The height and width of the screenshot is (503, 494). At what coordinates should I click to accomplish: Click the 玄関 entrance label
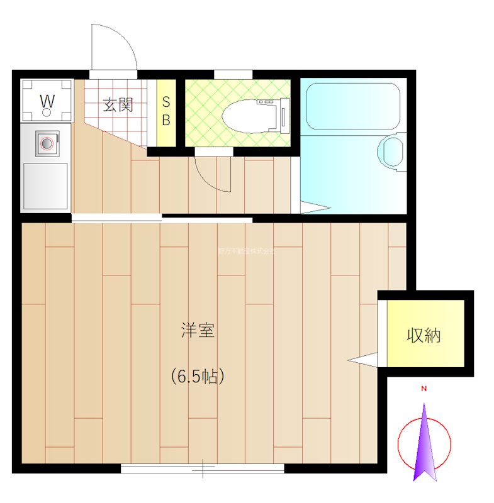tap(118, 104)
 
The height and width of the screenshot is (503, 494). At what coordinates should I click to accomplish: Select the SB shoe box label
tap(166, 111)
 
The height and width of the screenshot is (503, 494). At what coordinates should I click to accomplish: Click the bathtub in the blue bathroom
tap(352, 107)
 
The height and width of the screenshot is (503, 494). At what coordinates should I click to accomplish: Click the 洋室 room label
tap(198, 331)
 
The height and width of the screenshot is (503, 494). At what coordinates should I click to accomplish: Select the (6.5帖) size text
tap(197, 376)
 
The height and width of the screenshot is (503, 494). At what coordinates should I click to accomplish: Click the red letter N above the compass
tap(424, 389)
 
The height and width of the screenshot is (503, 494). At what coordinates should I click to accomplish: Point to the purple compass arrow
tap(425, 446)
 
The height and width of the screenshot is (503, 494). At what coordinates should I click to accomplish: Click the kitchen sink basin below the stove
tap(45, 186)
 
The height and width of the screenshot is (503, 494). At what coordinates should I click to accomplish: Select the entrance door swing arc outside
tap(116, 47)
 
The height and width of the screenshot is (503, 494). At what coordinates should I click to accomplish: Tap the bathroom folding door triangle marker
tap(315, 207)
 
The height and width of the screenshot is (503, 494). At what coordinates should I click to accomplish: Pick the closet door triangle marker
tap(363, 360)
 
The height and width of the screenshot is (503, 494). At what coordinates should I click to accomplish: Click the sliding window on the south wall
tap(203, 468)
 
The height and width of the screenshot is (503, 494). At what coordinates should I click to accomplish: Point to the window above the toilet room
tap(233, 74)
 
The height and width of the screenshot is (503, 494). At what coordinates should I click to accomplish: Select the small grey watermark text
tap(246, 251)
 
